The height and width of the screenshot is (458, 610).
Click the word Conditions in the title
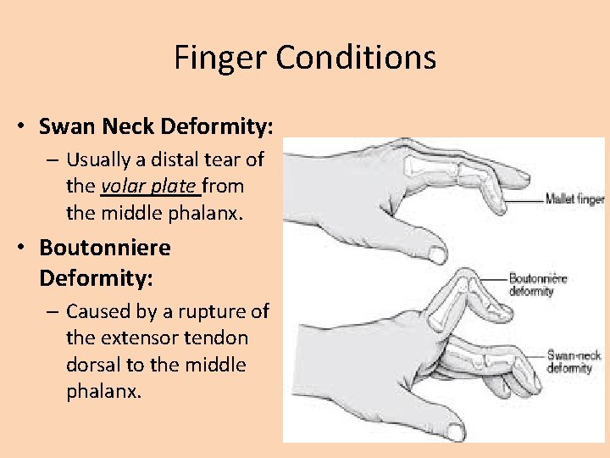(357, 59)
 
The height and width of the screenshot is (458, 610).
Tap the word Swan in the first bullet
(64, 127)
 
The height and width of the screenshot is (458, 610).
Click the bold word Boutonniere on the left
(104, 248)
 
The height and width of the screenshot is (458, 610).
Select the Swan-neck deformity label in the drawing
(574, 362)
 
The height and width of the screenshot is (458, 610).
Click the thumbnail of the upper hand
(437, 253)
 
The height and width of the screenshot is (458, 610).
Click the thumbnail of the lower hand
(455, 432)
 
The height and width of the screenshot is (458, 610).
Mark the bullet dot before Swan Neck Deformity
(19, 128)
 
